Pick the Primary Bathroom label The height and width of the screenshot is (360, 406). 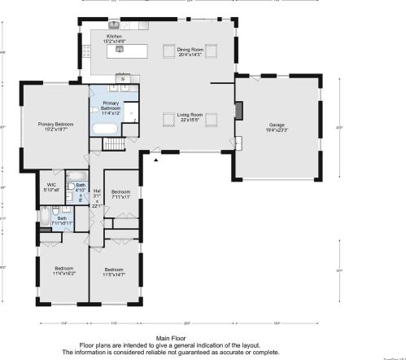tap(111, 107)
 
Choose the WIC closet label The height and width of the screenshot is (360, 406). tap(51, 187)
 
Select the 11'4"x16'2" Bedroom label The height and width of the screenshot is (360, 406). tap(64, 271)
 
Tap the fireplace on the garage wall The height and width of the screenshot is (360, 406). tap(239, 110)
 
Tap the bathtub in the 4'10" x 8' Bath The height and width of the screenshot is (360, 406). tap(74, 175)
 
